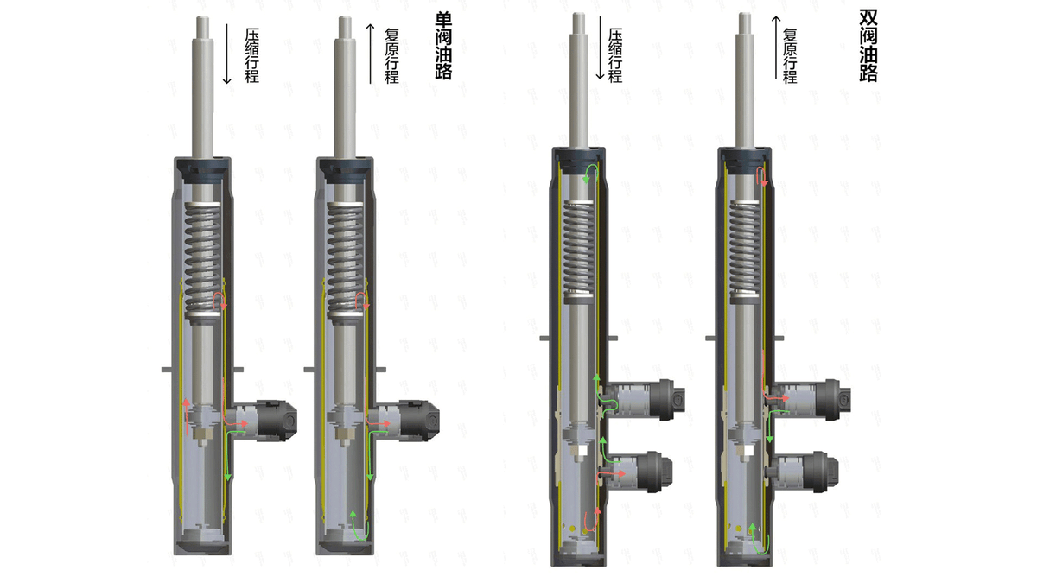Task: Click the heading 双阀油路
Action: tap(868, 45)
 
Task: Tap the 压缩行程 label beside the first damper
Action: tap(251, 55)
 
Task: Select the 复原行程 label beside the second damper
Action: tap(391, 55)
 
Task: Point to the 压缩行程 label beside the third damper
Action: tap(615, 55)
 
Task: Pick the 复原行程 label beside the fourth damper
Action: tap(790, 55)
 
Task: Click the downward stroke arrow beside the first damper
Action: tap(226, 54)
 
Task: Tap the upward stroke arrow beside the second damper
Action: tap(371, 54)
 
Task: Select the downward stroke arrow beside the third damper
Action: tap(600, 48)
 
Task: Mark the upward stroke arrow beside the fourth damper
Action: tap(776, 48)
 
